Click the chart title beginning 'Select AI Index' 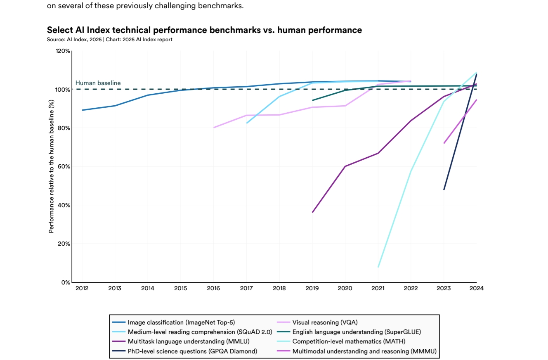204,30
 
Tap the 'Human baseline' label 98,83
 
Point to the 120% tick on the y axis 63,51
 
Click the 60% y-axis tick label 64,166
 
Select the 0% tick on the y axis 66,282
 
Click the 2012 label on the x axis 82,288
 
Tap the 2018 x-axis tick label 279,288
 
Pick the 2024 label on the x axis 477,288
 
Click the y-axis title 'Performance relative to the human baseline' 52,166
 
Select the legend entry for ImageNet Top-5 181,322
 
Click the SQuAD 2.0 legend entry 200,332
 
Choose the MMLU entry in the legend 189,341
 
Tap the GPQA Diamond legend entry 192,351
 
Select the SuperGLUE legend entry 357,332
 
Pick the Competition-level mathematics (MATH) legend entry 349,341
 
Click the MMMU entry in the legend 364,351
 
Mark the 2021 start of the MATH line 378,267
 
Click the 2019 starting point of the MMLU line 313,212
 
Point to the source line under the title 109,40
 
